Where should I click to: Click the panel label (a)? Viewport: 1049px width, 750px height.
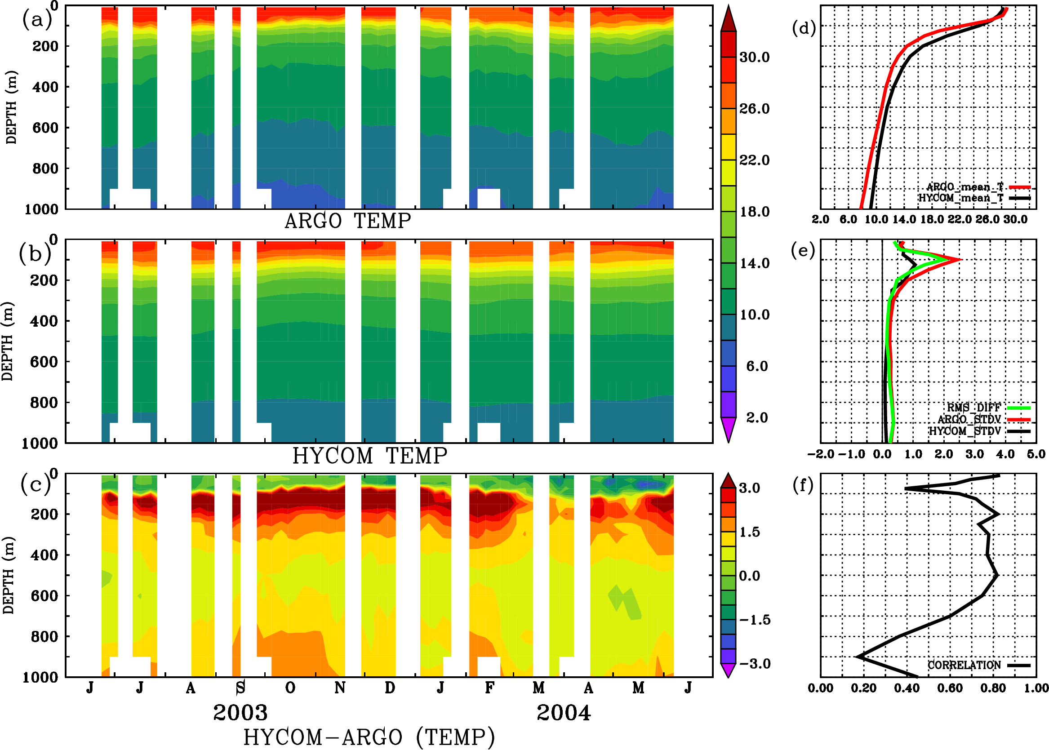36,20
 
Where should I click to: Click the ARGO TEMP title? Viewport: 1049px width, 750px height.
347,221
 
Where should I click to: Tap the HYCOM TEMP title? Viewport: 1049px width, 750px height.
369,456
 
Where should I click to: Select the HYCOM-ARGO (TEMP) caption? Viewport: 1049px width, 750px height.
369,737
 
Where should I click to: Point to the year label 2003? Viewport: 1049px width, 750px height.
240,713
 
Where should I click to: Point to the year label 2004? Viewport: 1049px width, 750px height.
564,713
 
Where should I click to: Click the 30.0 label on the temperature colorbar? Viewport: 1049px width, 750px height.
754,57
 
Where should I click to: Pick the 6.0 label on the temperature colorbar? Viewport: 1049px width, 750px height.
756,366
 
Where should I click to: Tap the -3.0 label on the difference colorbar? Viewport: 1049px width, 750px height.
755,664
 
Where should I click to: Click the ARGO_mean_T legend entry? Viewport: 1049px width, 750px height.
965,187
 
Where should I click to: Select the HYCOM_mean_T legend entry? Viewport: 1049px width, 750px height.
961,198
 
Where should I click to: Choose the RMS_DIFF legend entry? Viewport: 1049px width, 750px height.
973,408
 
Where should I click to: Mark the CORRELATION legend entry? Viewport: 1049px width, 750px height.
965,665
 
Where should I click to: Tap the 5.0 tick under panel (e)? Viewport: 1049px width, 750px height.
1036,454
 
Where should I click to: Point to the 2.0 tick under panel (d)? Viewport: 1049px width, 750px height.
820,219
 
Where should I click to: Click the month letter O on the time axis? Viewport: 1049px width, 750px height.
290,688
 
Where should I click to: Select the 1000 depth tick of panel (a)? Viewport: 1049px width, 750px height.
41,209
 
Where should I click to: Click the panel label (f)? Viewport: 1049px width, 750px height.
803,485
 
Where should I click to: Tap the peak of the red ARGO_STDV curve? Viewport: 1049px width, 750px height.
961,260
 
